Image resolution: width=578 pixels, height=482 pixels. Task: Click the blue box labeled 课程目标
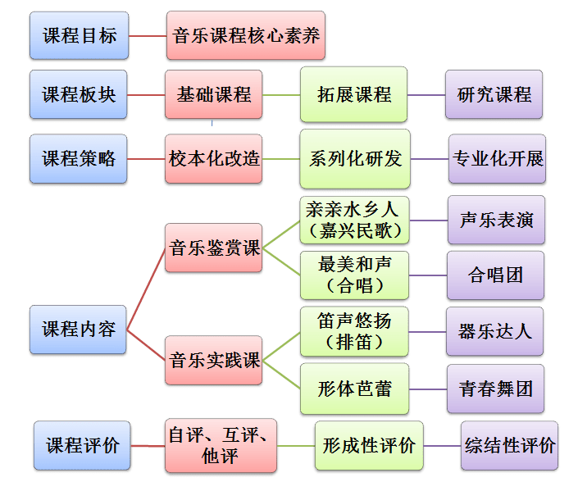pos(79,35)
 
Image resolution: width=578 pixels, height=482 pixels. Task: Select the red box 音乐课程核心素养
pos(245,35)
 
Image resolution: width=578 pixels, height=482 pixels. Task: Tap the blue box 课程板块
pos(79,94)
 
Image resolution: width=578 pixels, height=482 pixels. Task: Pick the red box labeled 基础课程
pos(213,94)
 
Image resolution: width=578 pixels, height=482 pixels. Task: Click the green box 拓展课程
pos(353,94)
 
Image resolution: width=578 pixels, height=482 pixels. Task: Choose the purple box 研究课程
pos(494,94)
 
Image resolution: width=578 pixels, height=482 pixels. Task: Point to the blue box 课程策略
pos(79,158)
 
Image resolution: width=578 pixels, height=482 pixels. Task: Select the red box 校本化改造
pos(214,158)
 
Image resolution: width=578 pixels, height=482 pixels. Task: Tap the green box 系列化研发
pos(355,158)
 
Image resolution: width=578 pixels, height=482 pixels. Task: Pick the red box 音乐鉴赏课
pos(214,247)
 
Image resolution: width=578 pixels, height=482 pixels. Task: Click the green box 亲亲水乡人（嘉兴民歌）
pos(353,220)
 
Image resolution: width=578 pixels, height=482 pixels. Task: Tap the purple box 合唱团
pos(495,275)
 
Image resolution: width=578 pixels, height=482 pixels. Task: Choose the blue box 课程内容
pos(79,330)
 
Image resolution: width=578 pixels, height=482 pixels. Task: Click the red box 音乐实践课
pos(214,360)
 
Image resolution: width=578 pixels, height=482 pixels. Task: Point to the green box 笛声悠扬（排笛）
pos(353,330)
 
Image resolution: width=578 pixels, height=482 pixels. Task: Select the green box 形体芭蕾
pos(353,388)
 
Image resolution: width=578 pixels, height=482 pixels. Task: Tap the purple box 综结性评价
pos(509,446)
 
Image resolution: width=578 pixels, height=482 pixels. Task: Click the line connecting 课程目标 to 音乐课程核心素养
pos(148,36)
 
